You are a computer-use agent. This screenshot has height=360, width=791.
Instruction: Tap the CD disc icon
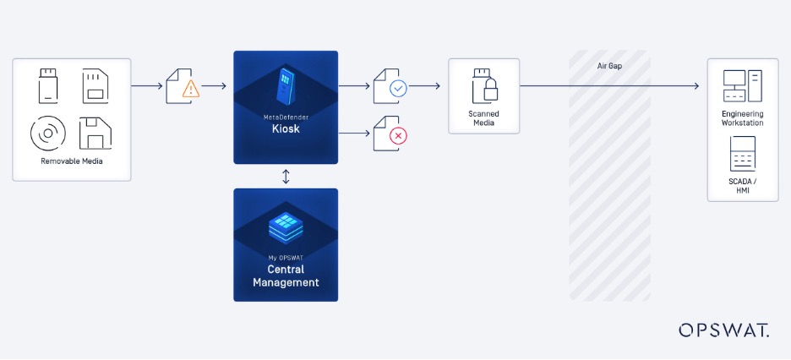click(48, 134)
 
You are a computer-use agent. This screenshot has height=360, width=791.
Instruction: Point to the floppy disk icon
click(95, 134)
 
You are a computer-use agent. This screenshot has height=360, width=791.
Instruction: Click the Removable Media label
click(72, 161)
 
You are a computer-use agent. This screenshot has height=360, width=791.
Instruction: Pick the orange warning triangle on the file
click(191, 89)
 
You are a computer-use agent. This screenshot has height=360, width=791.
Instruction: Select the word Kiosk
click(286, 130)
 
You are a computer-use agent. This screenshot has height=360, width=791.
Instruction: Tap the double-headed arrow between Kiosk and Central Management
click(286, 176)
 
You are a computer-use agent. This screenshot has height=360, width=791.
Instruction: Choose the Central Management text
click(286, 276)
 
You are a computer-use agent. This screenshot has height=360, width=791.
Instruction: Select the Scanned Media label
click(484, 118)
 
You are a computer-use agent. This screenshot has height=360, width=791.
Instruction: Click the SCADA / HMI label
click(742, 186)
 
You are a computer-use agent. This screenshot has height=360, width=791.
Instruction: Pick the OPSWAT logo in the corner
click(723, 330)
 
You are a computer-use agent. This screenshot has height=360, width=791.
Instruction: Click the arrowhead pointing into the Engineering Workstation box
click(696, 86)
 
